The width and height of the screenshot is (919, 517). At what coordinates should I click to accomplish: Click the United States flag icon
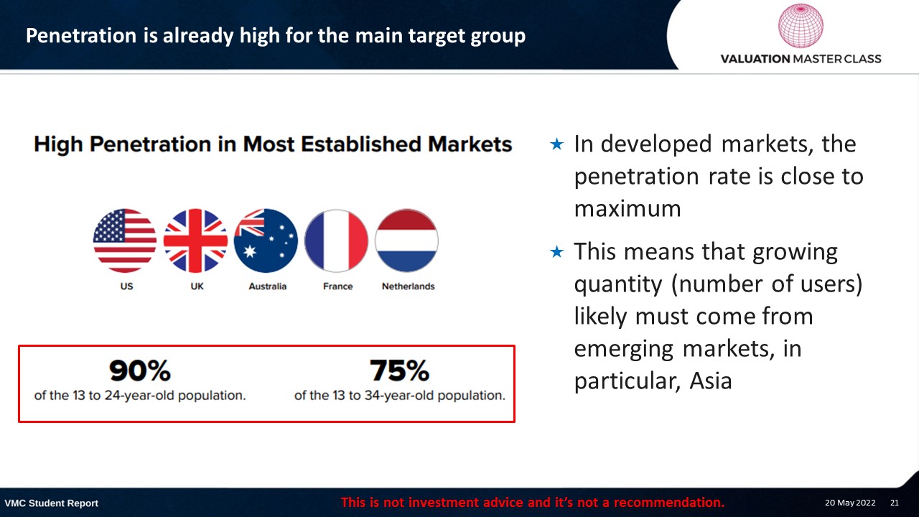(x=125, y=241)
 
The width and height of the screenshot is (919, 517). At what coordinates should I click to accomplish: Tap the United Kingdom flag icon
(x=195, y=241)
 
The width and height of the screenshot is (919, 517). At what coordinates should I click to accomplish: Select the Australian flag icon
(x=266, y=241)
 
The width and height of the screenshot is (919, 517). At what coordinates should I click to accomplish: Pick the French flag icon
(x=337, y=241)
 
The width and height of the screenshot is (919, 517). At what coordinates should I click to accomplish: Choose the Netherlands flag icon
(x=406, y=241)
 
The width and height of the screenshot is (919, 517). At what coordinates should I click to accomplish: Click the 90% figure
(x=140, y=371)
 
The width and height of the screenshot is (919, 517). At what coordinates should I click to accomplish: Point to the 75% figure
(x=400, y=371)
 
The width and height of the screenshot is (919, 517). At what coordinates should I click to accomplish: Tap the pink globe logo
(x=801, y=25)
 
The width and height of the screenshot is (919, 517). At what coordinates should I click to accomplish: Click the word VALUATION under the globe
(x=755, y=59)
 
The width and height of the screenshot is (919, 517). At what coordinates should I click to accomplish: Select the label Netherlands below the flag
(x=409, y=286)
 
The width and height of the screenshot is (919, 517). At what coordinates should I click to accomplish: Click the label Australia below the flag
(x=268, y=286)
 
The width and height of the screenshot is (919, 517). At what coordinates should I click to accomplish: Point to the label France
(x=337, y=286)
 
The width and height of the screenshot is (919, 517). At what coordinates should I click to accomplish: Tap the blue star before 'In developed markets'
(x=556, y=144)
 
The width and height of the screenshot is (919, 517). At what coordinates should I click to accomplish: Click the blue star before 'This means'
(x=556, y=251)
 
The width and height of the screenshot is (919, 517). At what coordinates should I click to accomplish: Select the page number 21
(x=895, y=503)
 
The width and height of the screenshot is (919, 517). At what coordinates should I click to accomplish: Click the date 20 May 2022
(x=850, y=503)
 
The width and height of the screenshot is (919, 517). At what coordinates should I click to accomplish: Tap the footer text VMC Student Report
(x=51, y=503)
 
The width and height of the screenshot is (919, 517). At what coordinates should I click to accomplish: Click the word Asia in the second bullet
(x=711, y=381)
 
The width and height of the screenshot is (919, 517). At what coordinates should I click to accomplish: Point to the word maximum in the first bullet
(x=628, y=208)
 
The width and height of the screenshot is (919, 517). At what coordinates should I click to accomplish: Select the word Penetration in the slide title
(x=81, y=35)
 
